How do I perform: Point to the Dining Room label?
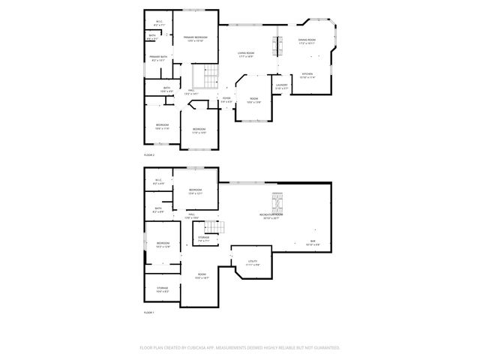tap(307, 41)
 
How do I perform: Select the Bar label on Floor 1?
tap(312, 242)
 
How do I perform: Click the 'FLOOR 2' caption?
tap(148, 154)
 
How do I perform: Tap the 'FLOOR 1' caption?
tap(148, 312)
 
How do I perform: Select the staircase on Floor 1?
tap(215, 228)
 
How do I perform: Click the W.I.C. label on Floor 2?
tap(160, 22)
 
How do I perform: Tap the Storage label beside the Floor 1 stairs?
tap(203, 239)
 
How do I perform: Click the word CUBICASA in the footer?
tap(213, 348)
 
